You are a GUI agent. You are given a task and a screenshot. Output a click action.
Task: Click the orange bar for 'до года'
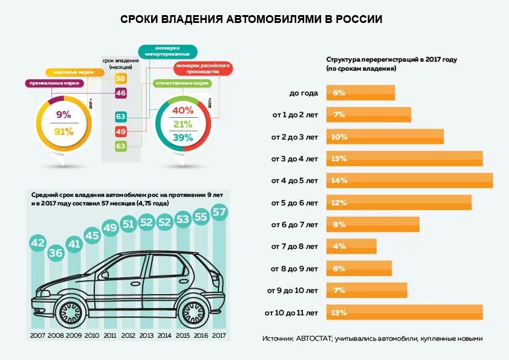click(x=360, y=93)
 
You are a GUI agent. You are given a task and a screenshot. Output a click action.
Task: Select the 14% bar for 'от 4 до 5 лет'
click(x=409, y=181)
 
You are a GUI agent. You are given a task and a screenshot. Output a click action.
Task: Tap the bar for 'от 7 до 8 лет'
click(x=351, y=246)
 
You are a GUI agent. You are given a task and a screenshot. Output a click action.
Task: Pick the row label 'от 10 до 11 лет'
click(x=291, y=313)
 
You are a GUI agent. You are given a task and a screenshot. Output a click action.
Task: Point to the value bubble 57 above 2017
click(x=220, y=212)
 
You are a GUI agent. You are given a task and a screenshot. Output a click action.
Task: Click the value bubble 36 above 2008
click(x=56, y=252)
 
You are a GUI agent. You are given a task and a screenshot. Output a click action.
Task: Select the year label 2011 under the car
click(x=110, y=335)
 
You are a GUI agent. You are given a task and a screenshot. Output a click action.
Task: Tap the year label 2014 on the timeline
click(x=165, y=335)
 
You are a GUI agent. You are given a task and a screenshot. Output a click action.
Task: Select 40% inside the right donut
click(x=183, y=111)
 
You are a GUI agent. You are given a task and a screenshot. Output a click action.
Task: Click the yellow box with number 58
click(x=120, y=79)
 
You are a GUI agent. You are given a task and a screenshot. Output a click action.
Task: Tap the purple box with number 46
click(x=120, y=93)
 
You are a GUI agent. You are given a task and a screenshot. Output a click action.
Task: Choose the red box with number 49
click(x=120, y=131)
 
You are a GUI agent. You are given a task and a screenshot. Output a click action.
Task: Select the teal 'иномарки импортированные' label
click(x=167, y=51)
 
